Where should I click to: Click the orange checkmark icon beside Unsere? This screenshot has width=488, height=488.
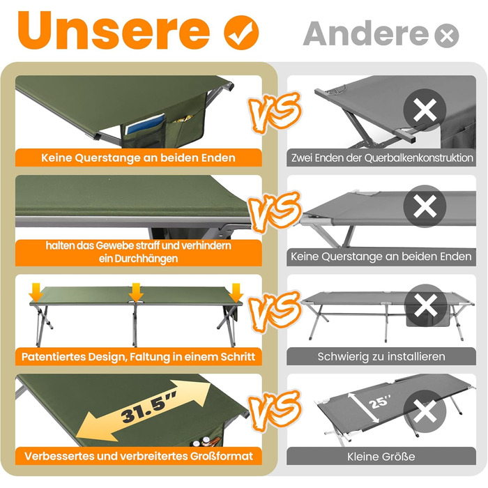241,33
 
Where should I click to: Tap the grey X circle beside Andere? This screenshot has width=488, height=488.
447,36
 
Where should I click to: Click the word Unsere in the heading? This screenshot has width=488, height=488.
114,30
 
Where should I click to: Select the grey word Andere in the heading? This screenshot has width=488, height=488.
366,33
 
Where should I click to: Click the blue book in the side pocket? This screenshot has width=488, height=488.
145,124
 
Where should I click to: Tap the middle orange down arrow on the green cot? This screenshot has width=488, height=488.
136,292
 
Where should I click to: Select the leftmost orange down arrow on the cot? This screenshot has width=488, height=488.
36,292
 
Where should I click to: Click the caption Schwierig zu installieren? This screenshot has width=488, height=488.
381,357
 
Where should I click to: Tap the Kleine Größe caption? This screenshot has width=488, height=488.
381,457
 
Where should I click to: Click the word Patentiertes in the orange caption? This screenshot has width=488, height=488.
53,357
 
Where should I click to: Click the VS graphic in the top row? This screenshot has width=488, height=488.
275,112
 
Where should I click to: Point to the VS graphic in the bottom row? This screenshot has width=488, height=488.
275,410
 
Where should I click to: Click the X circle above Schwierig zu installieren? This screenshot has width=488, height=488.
425,305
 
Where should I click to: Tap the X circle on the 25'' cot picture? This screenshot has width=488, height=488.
425,411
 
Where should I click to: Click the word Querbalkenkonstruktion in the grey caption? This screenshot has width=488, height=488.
418,158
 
